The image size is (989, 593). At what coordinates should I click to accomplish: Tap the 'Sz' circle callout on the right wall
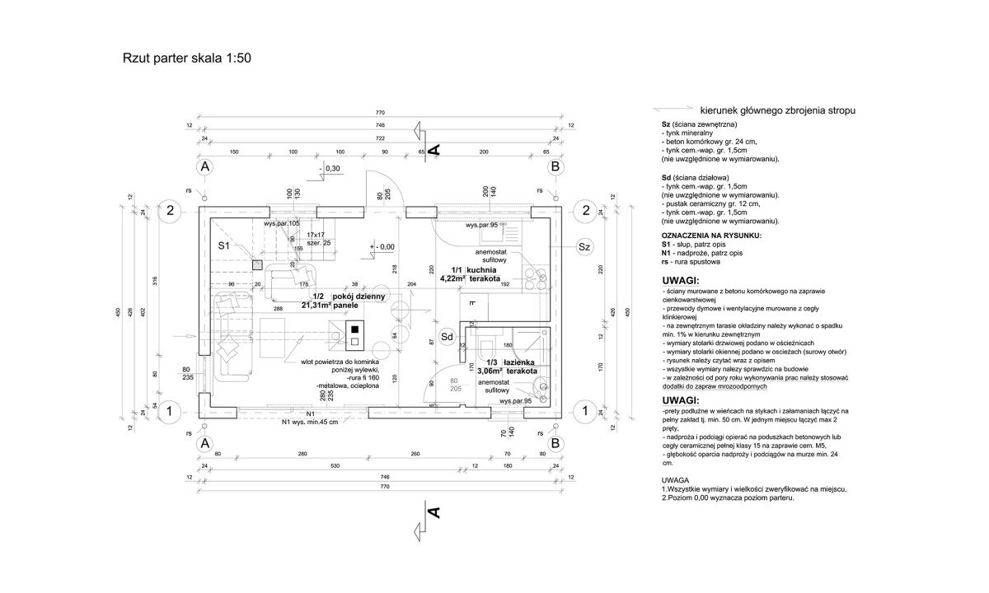click(584, 246)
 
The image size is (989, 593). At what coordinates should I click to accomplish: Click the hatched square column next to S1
click(258, 265)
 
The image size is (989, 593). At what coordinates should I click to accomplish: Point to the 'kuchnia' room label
click(484, 270)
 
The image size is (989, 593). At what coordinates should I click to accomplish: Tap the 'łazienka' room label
click(521, 362)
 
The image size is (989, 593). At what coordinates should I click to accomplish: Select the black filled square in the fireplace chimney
click(354, 325)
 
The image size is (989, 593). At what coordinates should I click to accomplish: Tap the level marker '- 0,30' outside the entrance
click(332, 168)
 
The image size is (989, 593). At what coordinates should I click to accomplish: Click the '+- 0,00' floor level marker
click(384, 246)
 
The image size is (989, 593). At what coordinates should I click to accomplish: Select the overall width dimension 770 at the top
click(381, 112)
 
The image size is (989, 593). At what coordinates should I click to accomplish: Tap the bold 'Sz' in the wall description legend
click(666, 123)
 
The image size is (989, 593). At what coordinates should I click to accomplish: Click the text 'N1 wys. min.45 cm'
click(309, 423)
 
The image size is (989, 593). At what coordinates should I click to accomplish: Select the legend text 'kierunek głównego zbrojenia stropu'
click(777, 109)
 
